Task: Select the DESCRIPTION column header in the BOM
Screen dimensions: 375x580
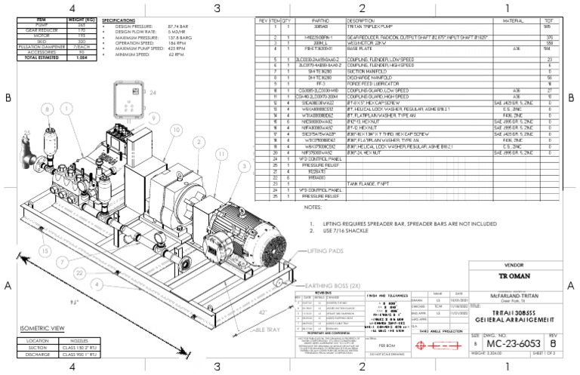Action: [362, 21]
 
